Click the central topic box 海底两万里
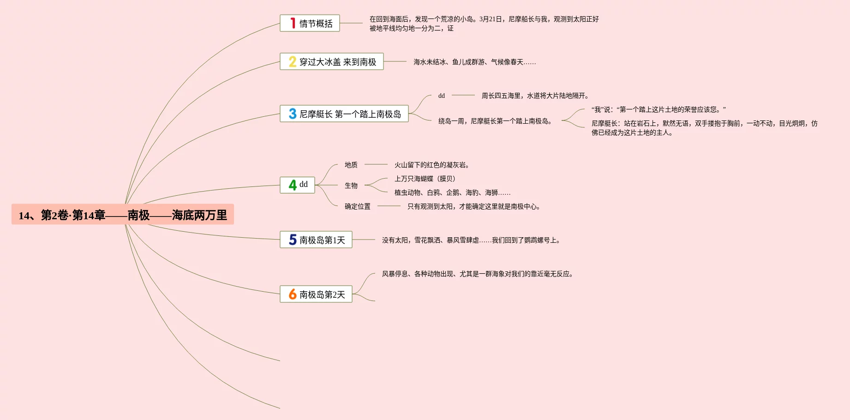[122, 215]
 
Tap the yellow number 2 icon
[293, 62]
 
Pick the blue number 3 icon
[293, 114]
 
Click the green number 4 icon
[293, 185]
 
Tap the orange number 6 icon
[293, 294]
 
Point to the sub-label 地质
[351, 165]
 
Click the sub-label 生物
[351, 186]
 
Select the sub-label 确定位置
[357, 206]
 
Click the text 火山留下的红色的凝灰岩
[431, 165]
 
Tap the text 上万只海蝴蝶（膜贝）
[425, 179]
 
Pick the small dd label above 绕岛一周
[442, 96]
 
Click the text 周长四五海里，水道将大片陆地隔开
[535, 96]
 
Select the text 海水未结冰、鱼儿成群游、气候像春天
[474, 62]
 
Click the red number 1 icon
[293, 23]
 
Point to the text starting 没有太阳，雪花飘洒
[471, 240]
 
